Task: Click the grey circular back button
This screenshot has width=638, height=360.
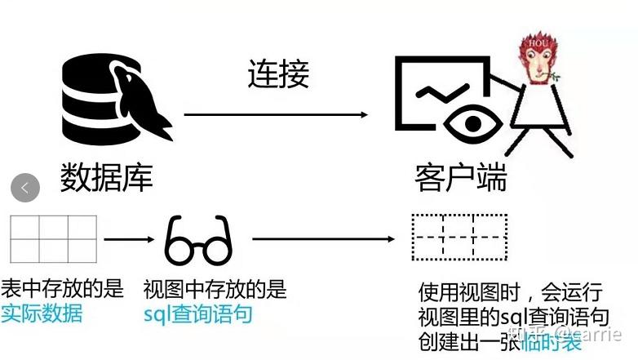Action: coord(25,188)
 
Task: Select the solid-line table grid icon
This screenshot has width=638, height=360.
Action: coord(53,238)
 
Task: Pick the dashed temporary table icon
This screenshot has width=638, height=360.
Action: coord(459,237)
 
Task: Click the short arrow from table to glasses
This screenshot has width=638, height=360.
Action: coord(129,239)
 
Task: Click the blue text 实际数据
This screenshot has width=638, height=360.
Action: coord(42,313)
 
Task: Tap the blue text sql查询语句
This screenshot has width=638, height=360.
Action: coord(197,314)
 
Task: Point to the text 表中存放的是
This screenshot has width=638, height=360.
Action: coord(62,288)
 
